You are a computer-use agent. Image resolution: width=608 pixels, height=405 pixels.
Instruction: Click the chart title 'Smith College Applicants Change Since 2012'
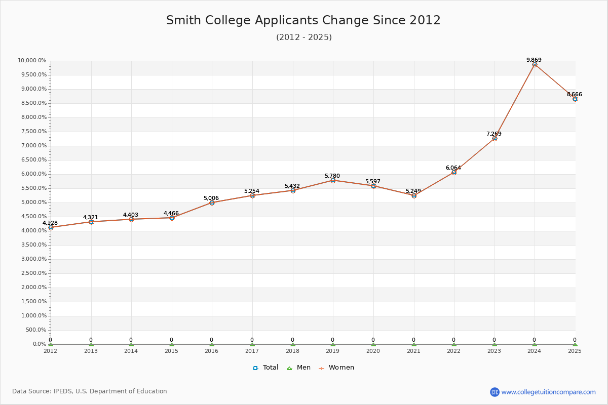pos(303,20)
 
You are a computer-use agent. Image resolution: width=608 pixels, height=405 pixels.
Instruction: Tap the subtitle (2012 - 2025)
pos(303,37)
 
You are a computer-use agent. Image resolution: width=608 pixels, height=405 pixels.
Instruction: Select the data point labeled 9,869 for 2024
pos(535,64)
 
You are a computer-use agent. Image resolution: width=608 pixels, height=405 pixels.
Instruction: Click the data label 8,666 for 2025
pos(574,95)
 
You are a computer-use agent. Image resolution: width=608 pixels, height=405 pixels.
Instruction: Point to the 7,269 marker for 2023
pos(495,138)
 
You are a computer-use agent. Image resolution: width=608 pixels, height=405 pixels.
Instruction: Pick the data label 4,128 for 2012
pos(50,223)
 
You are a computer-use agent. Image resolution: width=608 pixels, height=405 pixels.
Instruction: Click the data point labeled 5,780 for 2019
pos(333,180)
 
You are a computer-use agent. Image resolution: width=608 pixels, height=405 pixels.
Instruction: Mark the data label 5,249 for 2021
pos(413,191)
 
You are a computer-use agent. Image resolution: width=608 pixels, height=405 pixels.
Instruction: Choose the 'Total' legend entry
pos(265,368)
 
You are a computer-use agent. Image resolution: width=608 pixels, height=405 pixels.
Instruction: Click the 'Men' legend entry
pos(299,368)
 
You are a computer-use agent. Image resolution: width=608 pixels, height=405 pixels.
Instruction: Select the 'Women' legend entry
pos(336,368)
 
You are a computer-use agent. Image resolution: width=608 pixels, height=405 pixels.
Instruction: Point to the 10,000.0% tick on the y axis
pos(32,61)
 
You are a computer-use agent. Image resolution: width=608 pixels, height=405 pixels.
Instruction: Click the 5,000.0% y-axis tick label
pos(33,202)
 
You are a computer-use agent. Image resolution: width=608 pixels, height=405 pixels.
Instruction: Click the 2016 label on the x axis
pos(212,351)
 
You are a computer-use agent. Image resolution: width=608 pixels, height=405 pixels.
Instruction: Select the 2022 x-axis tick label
pos(454,351)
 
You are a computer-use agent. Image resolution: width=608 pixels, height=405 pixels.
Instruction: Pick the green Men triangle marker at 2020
pos(373,344)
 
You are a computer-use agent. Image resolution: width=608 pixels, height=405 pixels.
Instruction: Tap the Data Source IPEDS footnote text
pos(90,391)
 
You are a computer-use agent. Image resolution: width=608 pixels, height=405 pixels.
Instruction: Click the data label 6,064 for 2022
pos(453,168)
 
